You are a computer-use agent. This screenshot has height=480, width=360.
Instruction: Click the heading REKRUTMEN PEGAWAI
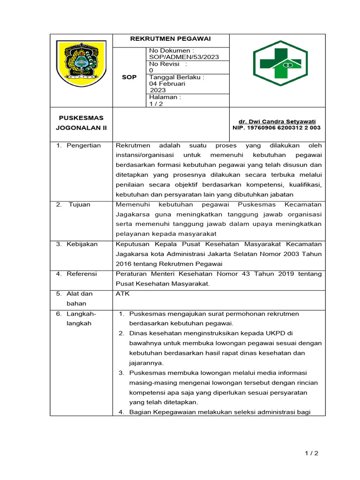[x=171, y=38]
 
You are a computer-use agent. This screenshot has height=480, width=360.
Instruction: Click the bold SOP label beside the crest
[x=129, y=77]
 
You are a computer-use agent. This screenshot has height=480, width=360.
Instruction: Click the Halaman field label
[x=165, y=97]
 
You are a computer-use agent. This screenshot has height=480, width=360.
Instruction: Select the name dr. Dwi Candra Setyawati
[x=277, y=121]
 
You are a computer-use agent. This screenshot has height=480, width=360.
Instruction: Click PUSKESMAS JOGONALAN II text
[x=81, y=122]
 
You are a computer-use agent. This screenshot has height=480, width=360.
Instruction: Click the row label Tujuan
[x=80, y=204]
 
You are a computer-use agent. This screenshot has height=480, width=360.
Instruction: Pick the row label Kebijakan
[x=82, y=244]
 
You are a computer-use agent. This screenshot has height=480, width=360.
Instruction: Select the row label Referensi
[x=82, y=274]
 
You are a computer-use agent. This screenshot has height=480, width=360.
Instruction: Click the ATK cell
[x=123, y=294]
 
